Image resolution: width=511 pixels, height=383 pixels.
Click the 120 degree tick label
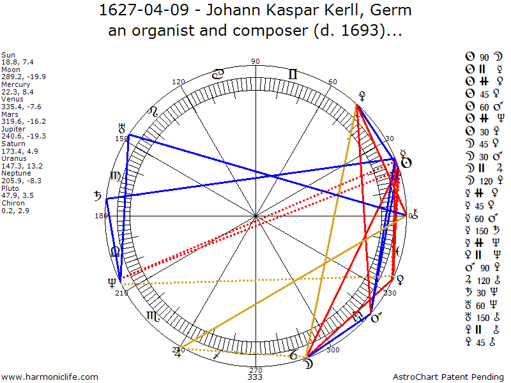179,82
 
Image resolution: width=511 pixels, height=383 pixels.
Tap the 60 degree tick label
333,82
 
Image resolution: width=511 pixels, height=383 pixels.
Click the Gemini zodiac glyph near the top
293,75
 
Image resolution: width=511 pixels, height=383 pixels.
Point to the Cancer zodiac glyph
218,74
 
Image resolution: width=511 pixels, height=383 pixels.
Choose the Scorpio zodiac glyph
153,315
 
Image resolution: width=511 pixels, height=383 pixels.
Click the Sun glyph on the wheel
405,162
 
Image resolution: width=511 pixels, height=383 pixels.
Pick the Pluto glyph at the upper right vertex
362,96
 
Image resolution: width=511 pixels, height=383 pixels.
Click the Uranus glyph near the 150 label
122,128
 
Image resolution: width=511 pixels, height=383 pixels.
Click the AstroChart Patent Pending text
432,377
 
